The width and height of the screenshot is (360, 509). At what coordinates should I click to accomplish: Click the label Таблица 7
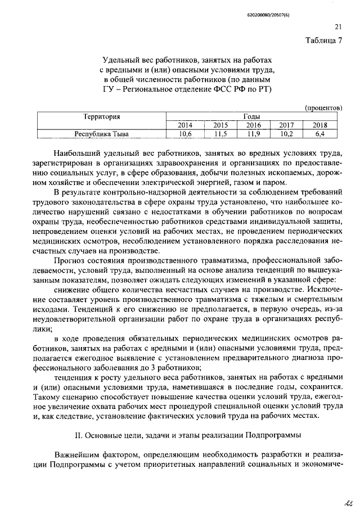pyautogui.click(x=324, y=40)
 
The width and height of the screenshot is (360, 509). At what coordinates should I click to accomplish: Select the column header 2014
pyautogui.click(x=185, y=125)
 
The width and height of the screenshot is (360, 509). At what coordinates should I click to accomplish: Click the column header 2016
pyautogui.click(x=254, y=125)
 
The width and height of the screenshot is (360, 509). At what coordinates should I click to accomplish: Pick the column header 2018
pyautogui.click(x=320, y=125)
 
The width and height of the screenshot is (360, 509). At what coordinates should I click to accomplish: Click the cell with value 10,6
pyautogui.click(x=185, y=134)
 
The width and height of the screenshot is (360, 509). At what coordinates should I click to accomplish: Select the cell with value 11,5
pyautogui.click(x=220, y=134)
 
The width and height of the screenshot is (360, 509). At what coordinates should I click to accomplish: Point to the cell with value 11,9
pyautogui.click(x=254, y=134)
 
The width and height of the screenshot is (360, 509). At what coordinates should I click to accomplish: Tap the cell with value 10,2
pyautogui.click(x=287, y=134)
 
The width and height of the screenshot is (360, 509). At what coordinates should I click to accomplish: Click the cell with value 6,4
pyautogui.click(x=320, y=134)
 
